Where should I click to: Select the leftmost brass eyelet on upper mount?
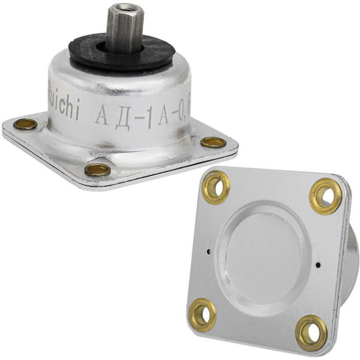[x=25, y=125]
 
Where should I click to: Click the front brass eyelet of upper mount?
[x=98, y=170]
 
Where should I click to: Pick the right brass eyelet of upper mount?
[x=214, y=142]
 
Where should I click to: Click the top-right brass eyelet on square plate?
[x=325, y=195]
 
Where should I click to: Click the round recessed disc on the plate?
[x=264, y=254]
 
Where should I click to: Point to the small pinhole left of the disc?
[x=208, y=250]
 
